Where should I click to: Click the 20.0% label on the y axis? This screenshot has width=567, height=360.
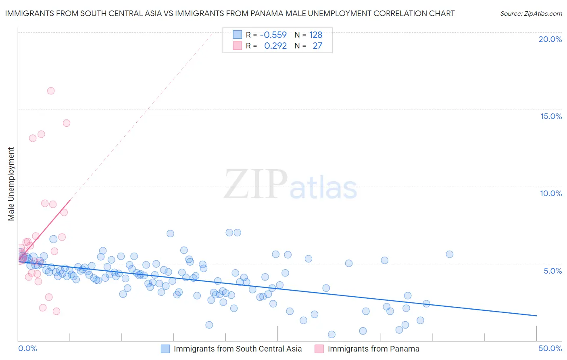(550, 39)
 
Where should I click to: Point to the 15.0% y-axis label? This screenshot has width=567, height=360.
(551, 116)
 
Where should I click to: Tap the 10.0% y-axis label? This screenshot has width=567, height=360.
(551, 193)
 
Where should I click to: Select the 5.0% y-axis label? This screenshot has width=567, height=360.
(552, 271)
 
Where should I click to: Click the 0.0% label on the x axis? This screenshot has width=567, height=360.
(27, 348)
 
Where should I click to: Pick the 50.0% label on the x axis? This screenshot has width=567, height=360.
(550, 348)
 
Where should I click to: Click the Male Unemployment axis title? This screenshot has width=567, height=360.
(11, 184)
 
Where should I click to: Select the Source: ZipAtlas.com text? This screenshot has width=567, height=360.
(531, 14)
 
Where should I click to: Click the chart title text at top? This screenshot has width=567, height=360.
(230, 14)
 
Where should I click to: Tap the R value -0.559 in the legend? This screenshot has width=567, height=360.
(273, 35)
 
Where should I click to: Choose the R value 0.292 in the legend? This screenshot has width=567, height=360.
(275, 46)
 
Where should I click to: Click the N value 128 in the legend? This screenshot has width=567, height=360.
(316, 35)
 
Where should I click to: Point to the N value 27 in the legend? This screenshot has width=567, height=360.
(317, 46)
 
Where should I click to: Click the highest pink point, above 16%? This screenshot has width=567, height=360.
(51, 91)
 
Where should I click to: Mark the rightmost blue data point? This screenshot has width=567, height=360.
(450, 254)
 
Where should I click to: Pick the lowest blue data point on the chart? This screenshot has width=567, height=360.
(331, 334)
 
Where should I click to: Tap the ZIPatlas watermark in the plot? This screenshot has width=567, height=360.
(290, 185)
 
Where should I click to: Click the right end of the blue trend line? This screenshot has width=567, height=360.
(536, 316)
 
